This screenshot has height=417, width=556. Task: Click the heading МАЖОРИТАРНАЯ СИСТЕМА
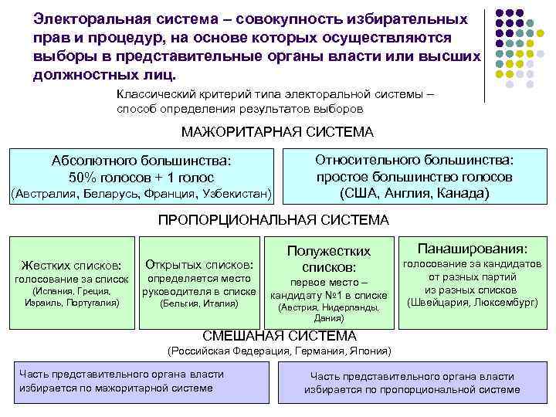click(x=277, y=132)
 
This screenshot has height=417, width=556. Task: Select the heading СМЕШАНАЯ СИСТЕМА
click(x=279, y=336)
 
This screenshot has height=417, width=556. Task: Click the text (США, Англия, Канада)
click(x=415, y=192)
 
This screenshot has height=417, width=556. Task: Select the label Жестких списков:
click(x=71, y=264)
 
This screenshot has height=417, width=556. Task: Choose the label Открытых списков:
click(x=199, y=264)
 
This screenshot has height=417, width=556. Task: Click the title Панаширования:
click(x=473, y=249)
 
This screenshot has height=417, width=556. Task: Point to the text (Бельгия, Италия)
click(x=199, y=303)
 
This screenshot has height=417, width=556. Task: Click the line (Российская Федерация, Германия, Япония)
click(x=279, y=351)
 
